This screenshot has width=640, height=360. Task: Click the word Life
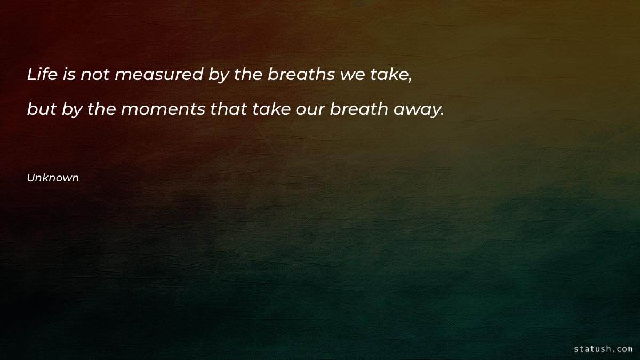click(x=42, y=75)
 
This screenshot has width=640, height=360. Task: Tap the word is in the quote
click(x=69, y=75)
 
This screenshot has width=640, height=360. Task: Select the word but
click(x=42, y=109)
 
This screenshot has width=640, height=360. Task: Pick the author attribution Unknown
click(x=53, y=178)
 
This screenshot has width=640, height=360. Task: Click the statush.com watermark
click(x=603, y=349)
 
